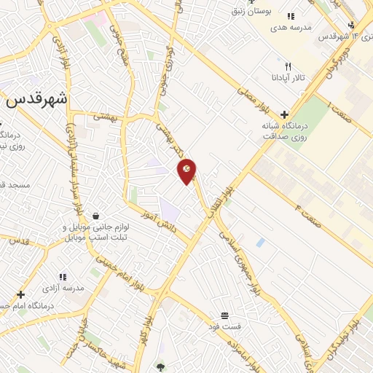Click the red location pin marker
[187, 170]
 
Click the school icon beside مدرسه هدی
[290, 15]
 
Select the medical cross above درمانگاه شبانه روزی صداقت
[283, 114]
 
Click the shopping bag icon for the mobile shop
[96, 216]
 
